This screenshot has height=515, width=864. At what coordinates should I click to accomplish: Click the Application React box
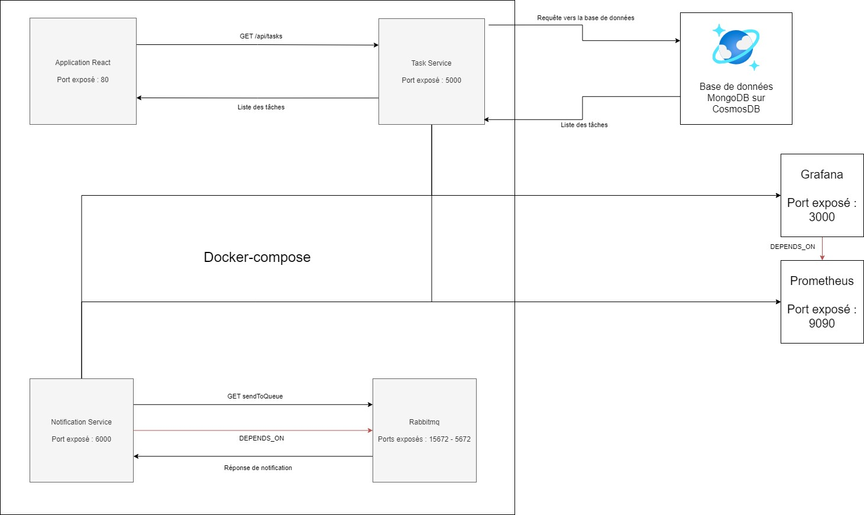(x=83, y=71)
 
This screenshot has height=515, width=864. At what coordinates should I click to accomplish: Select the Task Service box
(x=431, y=72)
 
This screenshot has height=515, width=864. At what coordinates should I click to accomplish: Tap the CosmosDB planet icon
(x=736, y=47)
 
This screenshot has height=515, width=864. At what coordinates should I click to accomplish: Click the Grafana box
(x=821, y=195)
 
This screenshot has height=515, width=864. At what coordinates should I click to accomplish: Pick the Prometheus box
(x=821, y=302)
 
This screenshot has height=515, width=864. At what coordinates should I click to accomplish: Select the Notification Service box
(x=81, y=430)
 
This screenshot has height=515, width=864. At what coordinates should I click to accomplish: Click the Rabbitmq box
(x=424, y=430)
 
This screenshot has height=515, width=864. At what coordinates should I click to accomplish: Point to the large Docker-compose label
(x=257, y=257)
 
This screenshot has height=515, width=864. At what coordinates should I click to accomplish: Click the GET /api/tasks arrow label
(x=261, y=36)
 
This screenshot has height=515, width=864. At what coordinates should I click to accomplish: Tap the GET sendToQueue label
(x=255, y=396)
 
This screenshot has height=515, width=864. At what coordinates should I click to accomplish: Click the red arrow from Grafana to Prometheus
(x=822, y=248)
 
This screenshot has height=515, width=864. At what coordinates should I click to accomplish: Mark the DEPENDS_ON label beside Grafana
(x=792, y=247)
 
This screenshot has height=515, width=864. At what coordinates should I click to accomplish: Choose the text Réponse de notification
(x=258, y=468)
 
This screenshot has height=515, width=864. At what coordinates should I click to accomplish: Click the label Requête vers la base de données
(x=585, y=18)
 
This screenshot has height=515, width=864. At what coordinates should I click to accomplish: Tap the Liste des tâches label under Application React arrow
(x=261, y=107)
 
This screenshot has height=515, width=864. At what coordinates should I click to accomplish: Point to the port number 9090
(x=821, y=323)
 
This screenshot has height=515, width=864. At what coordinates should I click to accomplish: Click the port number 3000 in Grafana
(x=821, y=217)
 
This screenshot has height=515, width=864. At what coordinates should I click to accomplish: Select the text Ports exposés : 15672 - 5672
(x=424, y=439)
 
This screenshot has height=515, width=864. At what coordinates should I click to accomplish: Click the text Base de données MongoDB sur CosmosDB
(x=736, y=98)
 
